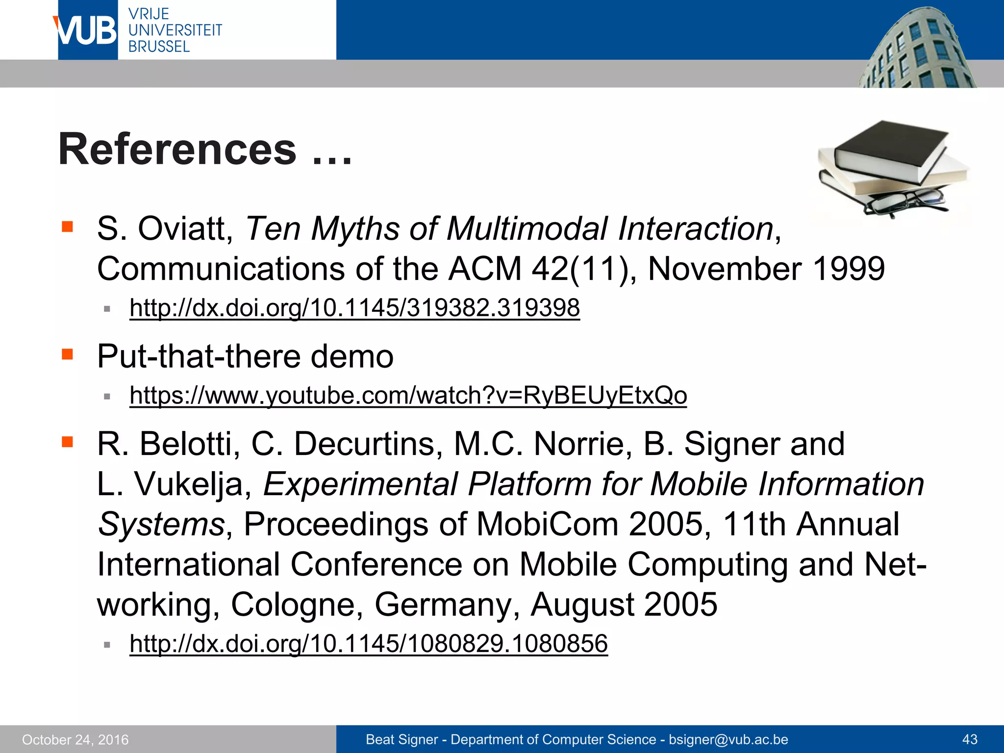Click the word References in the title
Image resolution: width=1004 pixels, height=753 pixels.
pyautogui.click(x=177, y=149)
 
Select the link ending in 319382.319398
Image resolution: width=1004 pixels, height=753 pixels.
pyautogui.click(x=354, y=308)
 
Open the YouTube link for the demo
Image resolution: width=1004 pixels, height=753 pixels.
pyautogui.click(x=408, y=395)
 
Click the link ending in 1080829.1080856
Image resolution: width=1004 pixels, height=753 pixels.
pyautogui.click(x=368, y=643)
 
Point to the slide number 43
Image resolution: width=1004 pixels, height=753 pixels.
pyautogui.click(x=970, y=739)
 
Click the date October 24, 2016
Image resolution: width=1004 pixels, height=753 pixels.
pyautogui.click(x=75, y=739)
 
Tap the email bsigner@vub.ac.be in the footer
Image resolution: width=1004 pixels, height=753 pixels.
pyautogui.click(x=728, y=739)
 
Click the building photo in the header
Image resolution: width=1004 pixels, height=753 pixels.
pyautogui.click(x=917, y=49)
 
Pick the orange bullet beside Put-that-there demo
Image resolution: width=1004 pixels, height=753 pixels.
pyautogui.click(x=67, y=354)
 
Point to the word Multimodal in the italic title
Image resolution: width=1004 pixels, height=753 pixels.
pyautogui.click(x=527, y=229)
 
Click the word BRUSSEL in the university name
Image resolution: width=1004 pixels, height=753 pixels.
pyautogui.click(x=159, y=47)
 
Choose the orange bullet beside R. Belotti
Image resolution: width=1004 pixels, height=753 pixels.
pyautogui.click(x=67, y=442)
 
